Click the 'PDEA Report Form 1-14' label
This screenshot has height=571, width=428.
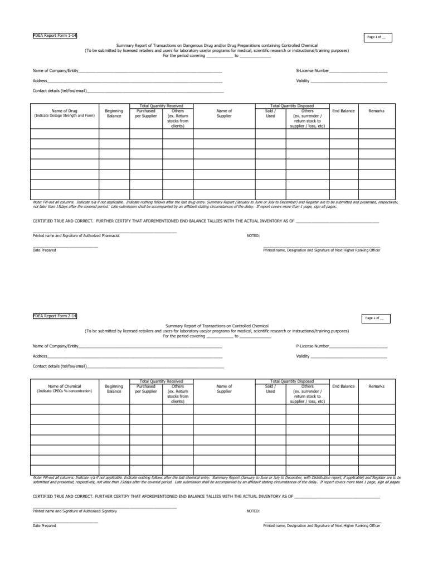[55, 36]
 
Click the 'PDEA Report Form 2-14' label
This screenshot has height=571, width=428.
[55, 316]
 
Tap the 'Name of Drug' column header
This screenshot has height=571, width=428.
[64, 111]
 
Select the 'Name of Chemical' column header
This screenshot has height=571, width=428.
[64, 386]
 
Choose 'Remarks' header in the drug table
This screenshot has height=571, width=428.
[377, 111]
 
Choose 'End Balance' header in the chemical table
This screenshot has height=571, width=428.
[343, 386]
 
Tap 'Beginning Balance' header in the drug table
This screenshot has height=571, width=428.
[114, 113]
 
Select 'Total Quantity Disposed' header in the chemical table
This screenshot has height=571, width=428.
[292, 381]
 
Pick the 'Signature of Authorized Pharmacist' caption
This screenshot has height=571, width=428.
[76, 236]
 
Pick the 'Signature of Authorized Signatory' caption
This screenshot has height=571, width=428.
[75, 511]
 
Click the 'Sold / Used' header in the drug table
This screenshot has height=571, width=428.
[270, 113]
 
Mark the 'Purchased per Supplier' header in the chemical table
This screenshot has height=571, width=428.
[146, 389]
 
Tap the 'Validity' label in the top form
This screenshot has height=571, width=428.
[303, 81]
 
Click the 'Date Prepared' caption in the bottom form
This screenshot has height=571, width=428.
[45, 525]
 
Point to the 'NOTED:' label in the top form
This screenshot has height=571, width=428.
[253, 236]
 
